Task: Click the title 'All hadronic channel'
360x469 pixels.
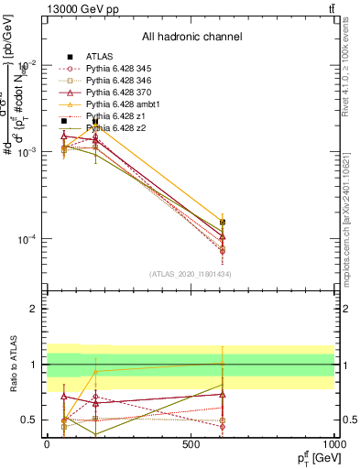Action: point(191,38)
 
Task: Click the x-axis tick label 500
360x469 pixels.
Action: point(191,445)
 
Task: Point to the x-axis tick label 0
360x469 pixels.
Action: point(47,445)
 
